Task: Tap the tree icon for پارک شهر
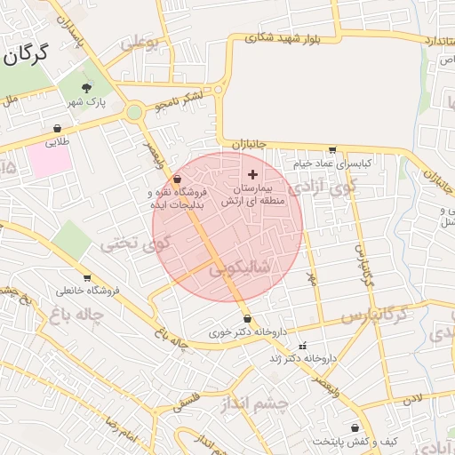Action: (x=86, y=87)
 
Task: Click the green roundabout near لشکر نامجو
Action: (x=134, y=113)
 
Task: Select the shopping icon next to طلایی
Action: (x=58, y=128)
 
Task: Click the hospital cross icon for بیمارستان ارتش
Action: (x=253, y=174)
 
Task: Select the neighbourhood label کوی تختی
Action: (x=133, y=242)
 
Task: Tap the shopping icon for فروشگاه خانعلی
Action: (x=86, y=278)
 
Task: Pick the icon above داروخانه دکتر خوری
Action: (x=247, y=318)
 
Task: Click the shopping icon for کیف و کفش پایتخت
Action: (x=355, y=428)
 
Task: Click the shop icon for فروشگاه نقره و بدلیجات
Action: (x=177, y=179)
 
